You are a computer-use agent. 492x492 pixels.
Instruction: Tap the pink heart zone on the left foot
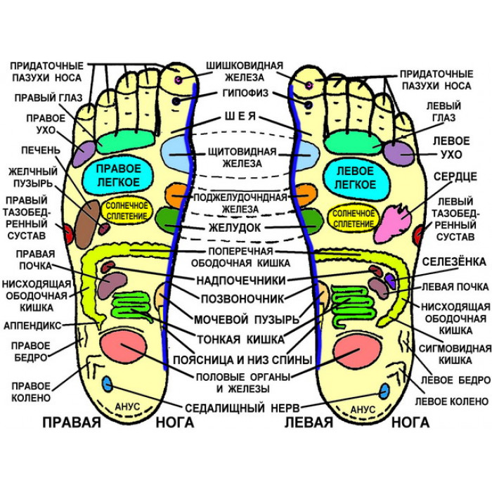click(393, 223)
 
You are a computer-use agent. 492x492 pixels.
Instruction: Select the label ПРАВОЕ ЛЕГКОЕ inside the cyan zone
click(119, 176)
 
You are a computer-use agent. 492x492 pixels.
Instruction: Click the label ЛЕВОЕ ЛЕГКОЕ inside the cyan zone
click(355, 178)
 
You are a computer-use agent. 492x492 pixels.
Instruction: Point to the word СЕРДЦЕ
click(455, 176)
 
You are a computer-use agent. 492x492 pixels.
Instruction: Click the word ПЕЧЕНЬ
click(41, 150)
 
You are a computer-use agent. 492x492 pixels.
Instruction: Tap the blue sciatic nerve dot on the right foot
click(108, 384)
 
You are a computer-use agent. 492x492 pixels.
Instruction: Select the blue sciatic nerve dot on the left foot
click(384, 391)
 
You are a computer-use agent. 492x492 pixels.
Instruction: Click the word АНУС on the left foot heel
click(363, 409)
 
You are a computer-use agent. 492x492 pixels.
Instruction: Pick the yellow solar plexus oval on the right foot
click(127, 211)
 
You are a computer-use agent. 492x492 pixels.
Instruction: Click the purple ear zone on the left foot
click(399, 153)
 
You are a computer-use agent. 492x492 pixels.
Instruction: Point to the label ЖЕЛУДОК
click(235, 228)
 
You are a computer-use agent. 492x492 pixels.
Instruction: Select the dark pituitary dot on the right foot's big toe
click(176, 101)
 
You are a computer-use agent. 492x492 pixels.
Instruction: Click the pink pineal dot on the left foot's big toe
click(309, 85)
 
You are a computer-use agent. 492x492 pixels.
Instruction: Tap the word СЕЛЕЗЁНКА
click(454, 261)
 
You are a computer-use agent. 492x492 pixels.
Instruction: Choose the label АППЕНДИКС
click(32, 325)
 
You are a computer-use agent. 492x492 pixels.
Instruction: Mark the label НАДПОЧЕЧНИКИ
click(241, 280)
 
